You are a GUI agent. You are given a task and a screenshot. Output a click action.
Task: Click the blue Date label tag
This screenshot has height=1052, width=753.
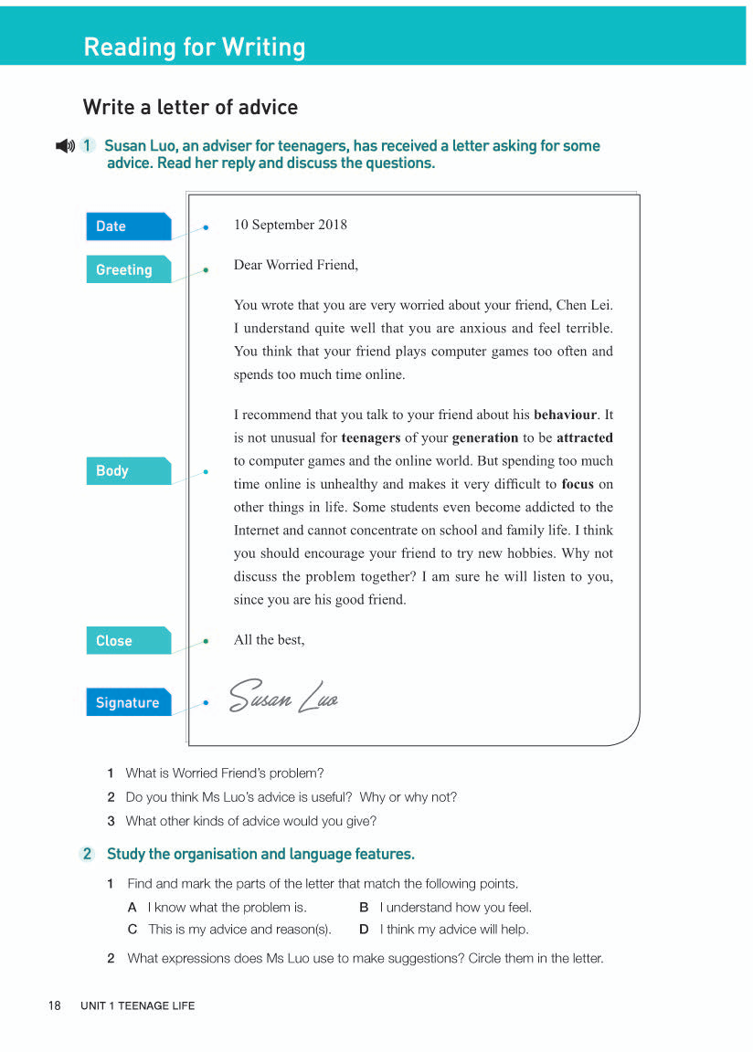128,226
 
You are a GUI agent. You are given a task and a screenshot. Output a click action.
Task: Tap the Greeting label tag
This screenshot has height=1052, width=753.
128,269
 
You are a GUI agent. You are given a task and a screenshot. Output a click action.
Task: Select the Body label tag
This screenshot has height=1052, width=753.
128,470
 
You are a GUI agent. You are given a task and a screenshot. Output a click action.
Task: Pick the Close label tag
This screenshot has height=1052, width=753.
128,640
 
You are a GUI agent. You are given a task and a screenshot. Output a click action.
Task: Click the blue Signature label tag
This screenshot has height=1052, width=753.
128,702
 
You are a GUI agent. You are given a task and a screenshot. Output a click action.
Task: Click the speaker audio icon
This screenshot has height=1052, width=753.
65,146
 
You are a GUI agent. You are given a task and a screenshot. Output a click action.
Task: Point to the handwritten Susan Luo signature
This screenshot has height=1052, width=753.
284,698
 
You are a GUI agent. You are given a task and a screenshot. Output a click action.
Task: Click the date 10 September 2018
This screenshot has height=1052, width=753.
291,225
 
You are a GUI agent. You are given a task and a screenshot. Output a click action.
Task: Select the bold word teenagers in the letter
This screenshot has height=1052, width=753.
371,437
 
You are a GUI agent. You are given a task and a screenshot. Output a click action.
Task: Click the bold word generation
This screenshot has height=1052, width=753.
485,437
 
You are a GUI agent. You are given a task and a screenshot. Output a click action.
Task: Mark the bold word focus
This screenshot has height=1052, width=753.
578,484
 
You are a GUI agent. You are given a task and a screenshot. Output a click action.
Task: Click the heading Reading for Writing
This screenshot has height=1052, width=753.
195,47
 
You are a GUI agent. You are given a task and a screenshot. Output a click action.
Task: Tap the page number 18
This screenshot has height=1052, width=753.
55,1005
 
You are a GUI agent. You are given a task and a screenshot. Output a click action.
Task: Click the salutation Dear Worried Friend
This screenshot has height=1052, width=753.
296,265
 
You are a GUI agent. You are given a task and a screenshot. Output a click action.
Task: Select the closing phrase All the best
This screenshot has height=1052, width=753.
270,639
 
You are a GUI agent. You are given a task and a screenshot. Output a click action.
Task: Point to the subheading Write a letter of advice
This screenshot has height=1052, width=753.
190,107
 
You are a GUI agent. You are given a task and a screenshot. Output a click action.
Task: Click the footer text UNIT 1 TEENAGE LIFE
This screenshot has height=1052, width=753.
138,1005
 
